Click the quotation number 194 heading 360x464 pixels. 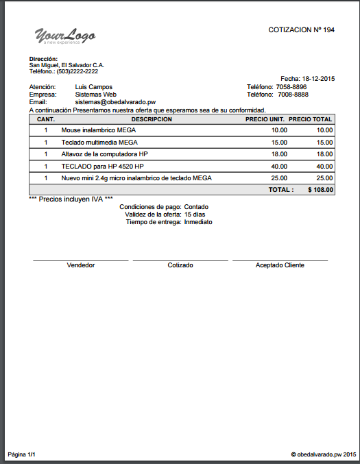(x=301, y=30)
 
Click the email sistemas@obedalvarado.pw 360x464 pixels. (x=115, y=102)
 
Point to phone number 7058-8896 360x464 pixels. (x=291, y=87)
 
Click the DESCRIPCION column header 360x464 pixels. (x=152, y=119)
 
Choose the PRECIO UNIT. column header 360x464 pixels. (x=265, y=119)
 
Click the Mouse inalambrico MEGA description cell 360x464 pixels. (x=99, y=130)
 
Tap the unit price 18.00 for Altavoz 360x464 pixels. (x=279, y=154)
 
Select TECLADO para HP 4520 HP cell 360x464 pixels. (x=102, y=167)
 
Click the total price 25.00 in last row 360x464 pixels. (x=324, y=178)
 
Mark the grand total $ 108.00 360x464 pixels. (x=320, y=190)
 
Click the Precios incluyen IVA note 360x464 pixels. (x=71, y=199)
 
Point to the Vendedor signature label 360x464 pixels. (x=80, y=265)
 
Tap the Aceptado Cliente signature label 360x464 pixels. (x=280, y=265)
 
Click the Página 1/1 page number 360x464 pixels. (x=22, y=454)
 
